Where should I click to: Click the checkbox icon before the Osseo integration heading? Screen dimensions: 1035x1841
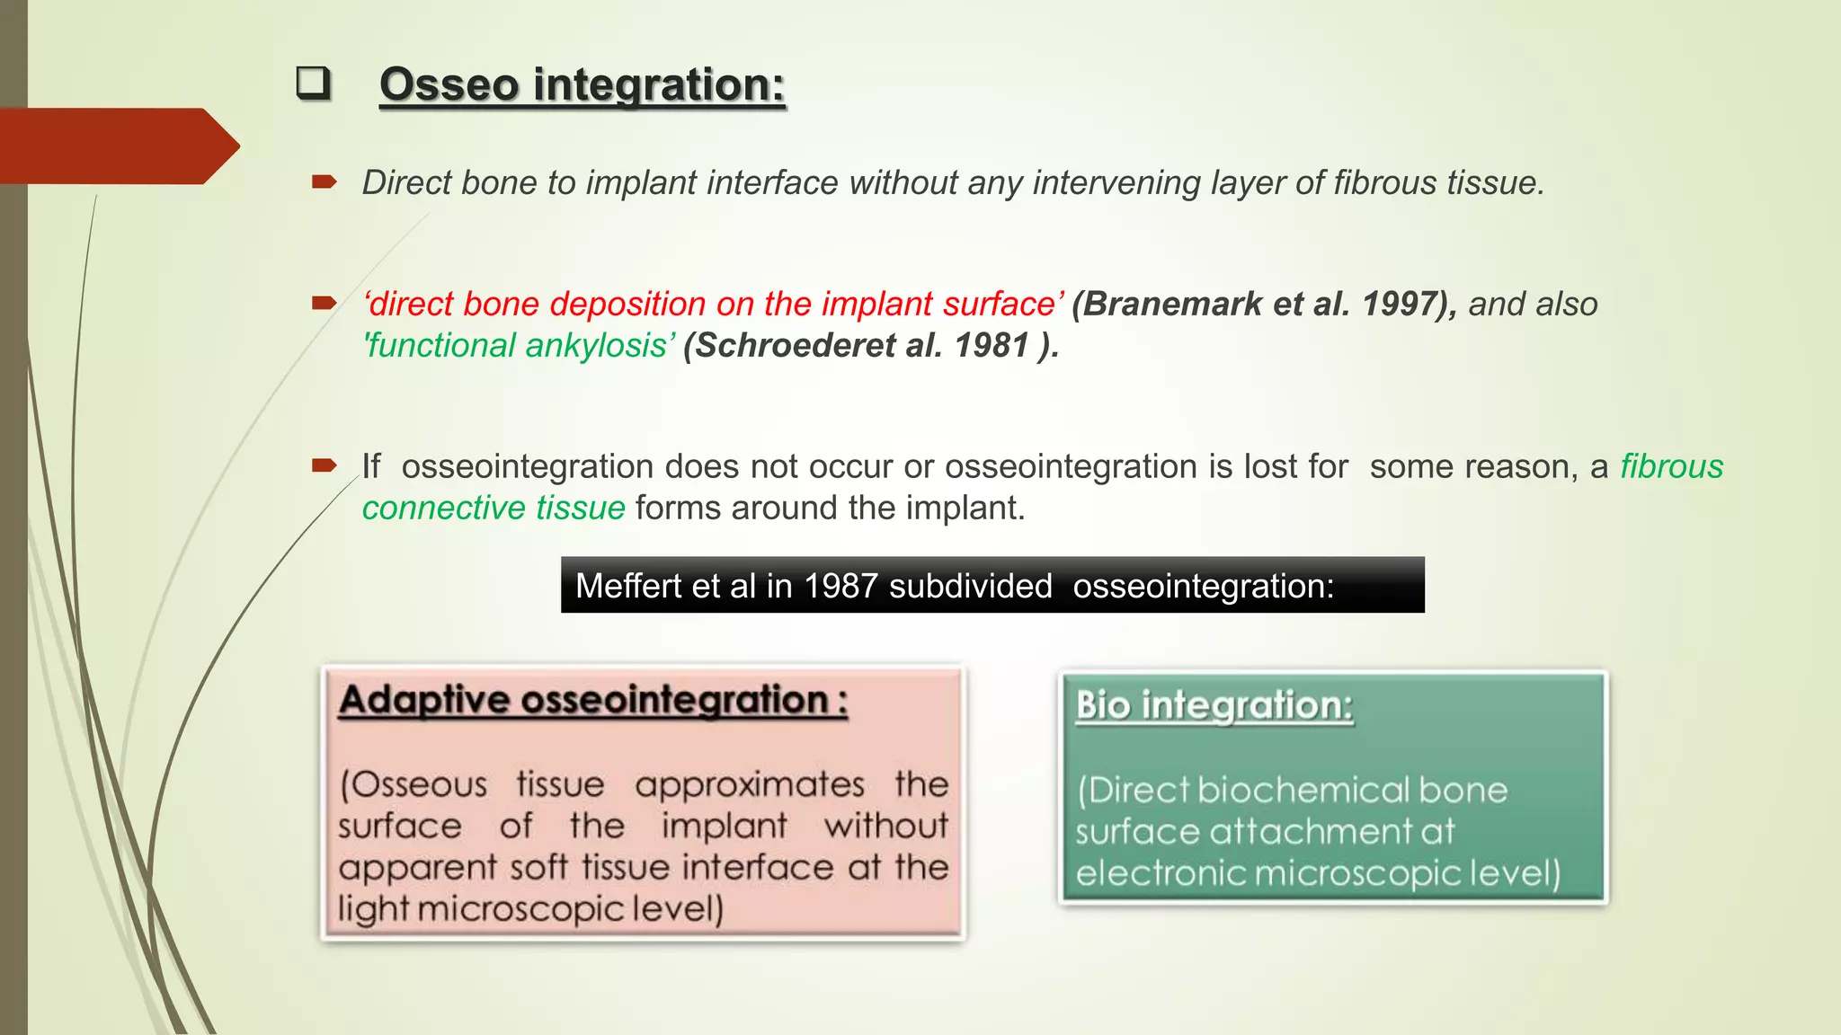pos(313,84)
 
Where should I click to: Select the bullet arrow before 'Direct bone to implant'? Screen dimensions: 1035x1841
pos(325,182)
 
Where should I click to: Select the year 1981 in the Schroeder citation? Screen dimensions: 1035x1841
pos(992,345)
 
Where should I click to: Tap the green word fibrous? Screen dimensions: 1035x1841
pos(1671,466)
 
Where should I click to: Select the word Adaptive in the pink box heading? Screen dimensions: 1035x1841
pos(422,700)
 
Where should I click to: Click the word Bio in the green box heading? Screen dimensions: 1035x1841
pos(1103,705)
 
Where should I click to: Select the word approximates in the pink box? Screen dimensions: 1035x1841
pos(750,784)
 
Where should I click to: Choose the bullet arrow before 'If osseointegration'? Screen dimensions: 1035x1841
pos(325,465)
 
